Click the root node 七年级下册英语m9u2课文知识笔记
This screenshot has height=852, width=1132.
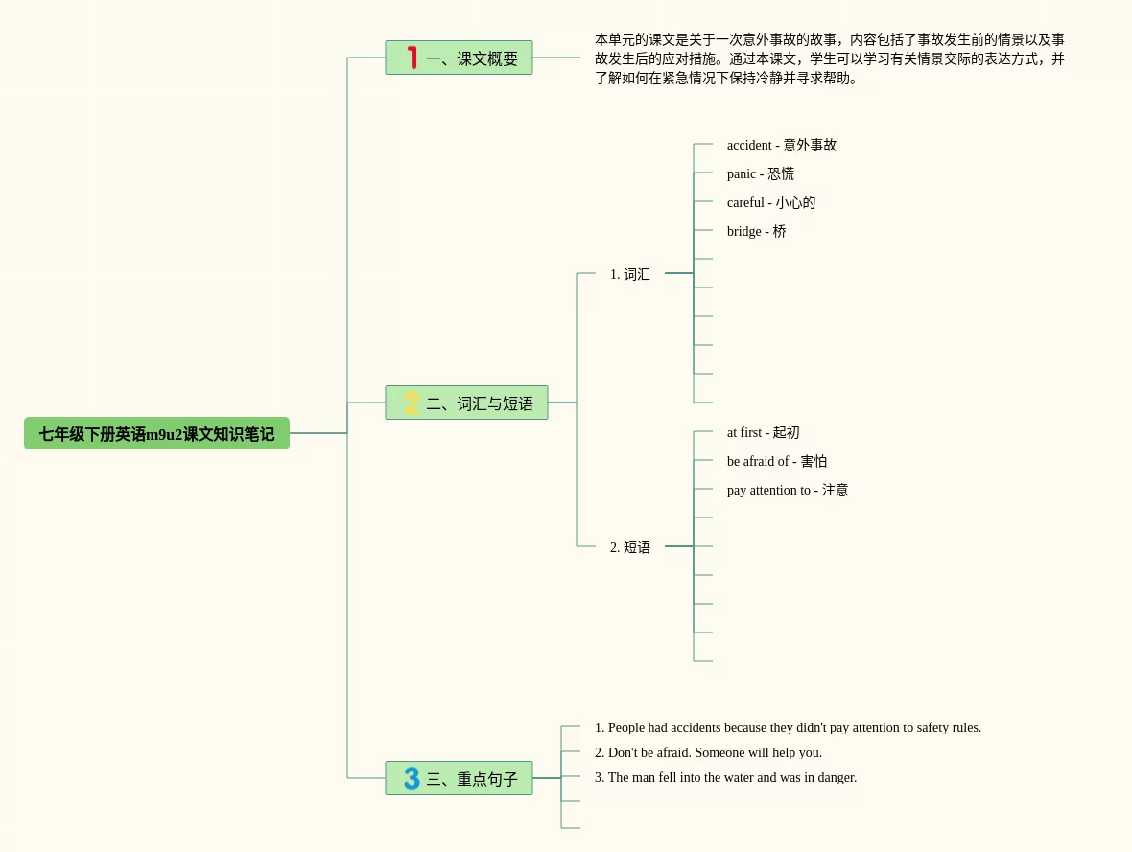[156, 433]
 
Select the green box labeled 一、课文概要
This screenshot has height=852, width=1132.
[460, 58]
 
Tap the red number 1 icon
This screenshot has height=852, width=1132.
[413, 58]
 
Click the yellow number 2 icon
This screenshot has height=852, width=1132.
[412, 403]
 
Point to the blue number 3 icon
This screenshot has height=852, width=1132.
[412, 777]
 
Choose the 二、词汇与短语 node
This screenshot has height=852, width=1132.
[466, 403]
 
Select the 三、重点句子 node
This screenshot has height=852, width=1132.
[460, 777]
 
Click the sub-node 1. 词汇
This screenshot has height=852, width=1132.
[629, 274]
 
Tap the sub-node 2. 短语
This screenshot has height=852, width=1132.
[629, 547]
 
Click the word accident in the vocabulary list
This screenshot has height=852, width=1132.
[749, 145]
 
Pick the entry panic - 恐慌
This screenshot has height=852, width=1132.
[760, 173]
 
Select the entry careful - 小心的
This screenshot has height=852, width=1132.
[771, 203]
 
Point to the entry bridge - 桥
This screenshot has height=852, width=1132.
[756, 232]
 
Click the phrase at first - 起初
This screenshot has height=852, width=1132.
[763, 433]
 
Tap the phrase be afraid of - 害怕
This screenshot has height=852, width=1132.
[777, 462]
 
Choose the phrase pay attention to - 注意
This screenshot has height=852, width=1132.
[787, 491]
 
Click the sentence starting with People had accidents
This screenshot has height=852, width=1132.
[788, 728]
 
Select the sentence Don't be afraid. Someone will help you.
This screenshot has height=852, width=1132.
[708, 752]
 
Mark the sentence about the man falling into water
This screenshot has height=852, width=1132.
[725, 777]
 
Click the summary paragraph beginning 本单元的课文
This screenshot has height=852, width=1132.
[830, 58]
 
